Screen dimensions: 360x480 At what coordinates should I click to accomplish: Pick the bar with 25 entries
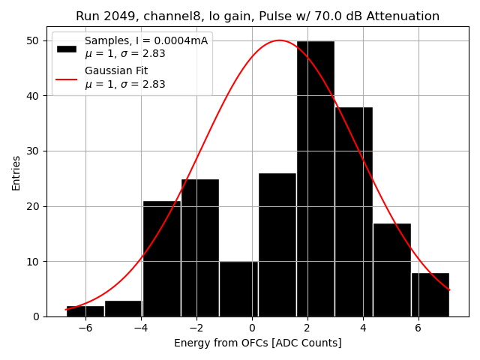click(x=200, y=247)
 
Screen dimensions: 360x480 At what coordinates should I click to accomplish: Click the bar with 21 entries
click(x=161, y=258)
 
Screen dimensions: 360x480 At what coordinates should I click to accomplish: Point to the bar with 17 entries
click(x=391, y=269)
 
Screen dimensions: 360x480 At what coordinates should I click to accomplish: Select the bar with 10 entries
click(x=238, y=289)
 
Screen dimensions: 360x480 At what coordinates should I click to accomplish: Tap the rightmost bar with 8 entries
click(x=430, y=294)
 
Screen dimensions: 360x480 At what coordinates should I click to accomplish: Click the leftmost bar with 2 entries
click(x=85, y=310)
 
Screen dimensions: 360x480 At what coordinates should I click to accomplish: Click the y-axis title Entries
click(x=16, y=173)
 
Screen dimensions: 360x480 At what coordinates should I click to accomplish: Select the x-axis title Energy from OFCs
click(x=257, y=343)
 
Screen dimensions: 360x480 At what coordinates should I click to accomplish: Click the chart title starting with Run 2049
click(x=257, y=16)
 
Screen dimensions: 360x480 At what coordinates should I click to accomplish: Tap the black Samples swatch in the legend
click(x=66, y=47)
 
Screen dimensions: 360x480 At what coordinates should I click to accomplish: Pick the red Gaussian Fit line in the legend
click(x=66, y=78)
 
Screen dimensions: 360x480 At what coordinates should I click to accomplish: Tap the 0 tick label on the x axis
click(x=252, y=328)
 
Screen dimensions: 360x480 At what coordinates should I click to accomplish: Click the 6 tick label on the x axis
click(x=418, y=328)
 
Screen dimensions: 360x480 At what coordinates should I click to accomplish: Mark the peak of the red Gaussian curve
click(x=279, y=40)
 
